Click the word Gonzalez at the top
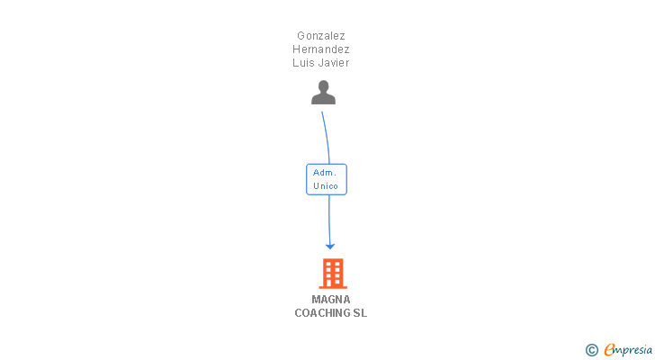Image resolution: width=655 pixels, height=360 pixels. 321,36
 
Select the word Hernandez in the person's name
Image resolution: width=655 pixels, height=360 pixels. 321,49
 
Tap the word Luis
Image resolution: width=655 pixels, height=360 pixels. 301,63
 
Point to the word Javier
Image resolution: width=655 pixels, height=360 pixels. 332,63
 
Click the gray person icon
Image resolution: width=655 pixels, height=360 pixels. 323,93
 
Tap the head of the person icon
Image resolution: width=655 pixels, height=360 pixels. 323,86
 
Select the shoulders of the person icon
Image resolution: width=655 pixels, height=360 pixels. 323,99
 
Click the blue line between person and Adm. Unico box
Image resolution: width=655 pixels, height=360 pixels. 327,138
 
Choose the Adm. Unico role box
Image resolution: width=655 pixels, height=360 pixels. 327,179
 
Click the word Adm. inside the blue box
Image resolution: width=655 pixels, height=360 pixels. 325,173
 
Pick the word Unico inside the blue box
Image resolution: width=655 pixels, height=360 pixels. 326,185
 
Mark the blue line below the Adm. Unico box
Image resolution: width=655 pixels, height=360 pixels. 329,220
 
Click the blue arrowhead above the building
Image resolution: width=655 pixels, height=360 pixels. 330,247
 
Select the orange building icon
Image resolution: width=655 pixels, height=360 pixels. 333,274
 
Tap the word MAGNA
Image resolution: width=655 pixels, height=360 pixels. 331,300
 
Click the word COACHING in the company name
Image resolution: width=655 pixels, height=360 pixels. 322,313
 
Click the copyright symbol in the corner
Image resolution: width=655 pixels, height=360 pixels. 591,350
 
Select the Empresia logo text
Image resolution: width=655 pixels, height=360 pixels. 628,350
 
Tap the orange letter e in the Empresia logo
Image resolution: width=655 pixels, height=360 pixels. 609,349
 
